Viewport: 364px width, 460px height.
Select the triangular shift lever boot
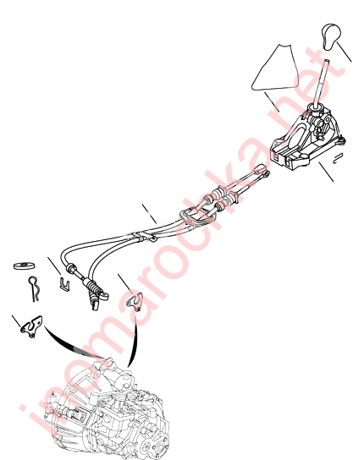point(274,69)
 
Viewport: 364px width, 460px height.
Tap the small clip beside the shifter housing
point(338,157)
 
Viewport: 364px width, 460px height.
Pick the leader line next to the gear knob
point(344,52)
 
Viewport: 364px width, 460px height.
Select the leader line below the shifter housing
point(326,172)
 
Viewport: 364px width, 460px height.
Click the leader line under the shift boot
point(272,102)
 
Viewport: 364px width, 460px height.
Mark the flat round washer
point(24,266)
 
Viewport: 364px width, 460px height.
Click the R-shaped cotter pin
point(34,288)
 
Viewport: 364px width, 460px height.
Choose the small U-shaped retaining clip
point(64,283)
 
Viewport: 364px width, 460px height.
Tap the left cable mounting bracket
point(31,326)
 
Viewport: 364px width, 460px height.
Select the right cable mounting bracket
point(134,301)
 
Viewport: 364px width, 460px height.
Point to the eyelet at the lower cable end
point(104,295)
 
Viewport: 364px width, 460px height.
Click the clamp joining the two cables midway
point(141,237)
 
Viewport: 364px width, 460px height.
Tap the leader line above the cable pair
point(149,214)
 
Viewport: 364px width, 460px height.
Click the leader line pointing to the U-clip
point(54,266)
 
